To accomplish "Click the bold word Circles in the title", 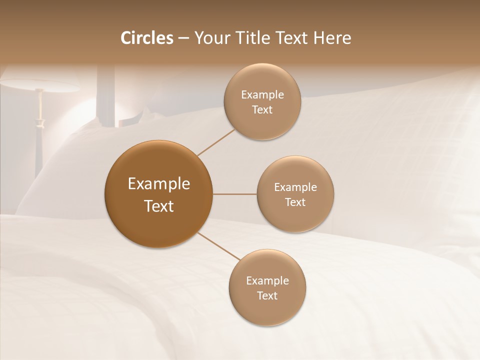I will click(146, 38).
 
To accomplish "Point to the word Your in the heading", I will click(209, 38).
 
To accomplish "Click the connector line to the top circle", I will click(216, 142).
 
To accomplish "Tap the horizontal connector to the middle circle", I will click(235, 194).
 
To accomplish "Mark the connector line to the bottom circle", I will click(218, 246).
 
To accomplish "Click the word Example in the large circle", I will click(159, 184).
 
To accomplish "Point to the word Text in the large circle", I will click(159, 206).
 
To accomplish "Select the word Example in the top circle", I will click(262, 95).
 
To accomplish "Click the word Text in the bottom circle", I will click(267, 296).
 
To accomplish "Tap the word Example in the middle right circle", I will click(295, 187).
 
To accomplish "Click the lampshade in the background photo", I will click(40, 85).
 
